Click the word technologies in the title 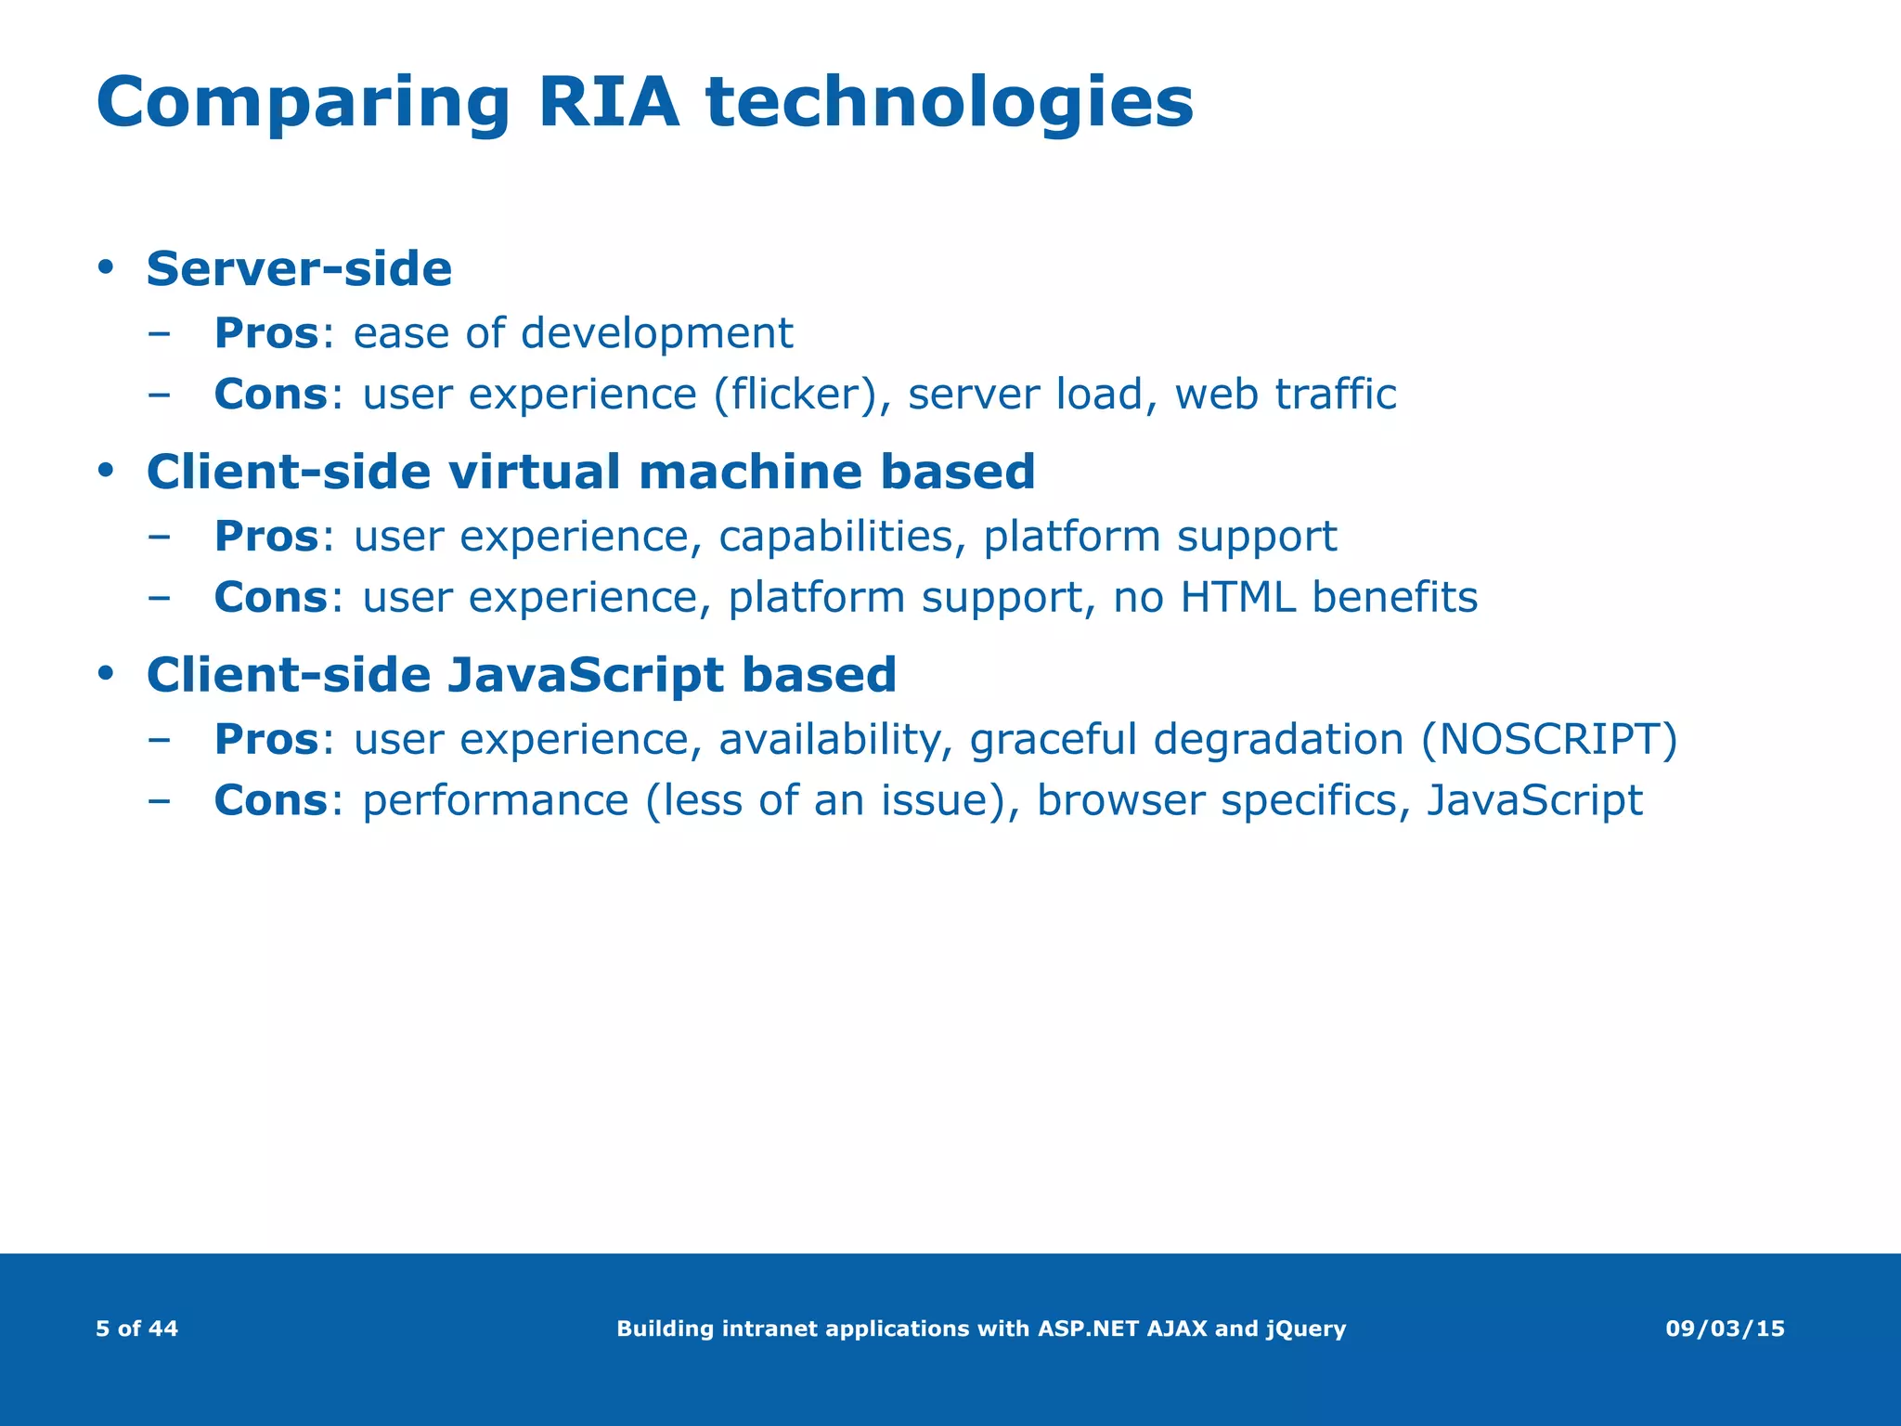[949, 104]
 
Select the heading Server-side [299, 269]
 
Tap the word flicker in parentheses [795, 394]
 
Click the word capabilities [835, 537]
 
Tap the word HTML [1237, 597]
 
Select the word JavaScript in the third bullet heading [585, 675]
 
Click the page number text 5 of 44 [136, 1329]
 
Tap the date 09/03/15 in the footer [1725, 1329]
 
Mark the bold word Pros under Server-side [266, 333]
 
